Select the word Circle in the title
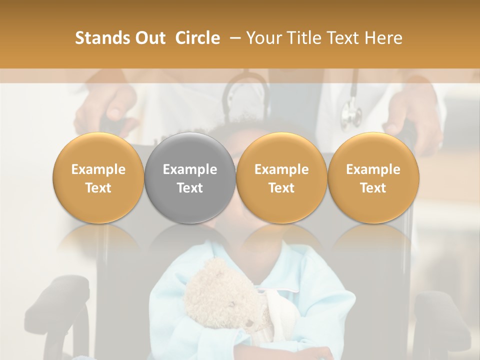(x=197, y=38)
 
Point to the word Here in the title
(x=384, y=38)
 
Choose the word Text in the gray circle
(x=190, y=188)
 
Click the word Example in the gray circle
(x=190, y=169)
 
